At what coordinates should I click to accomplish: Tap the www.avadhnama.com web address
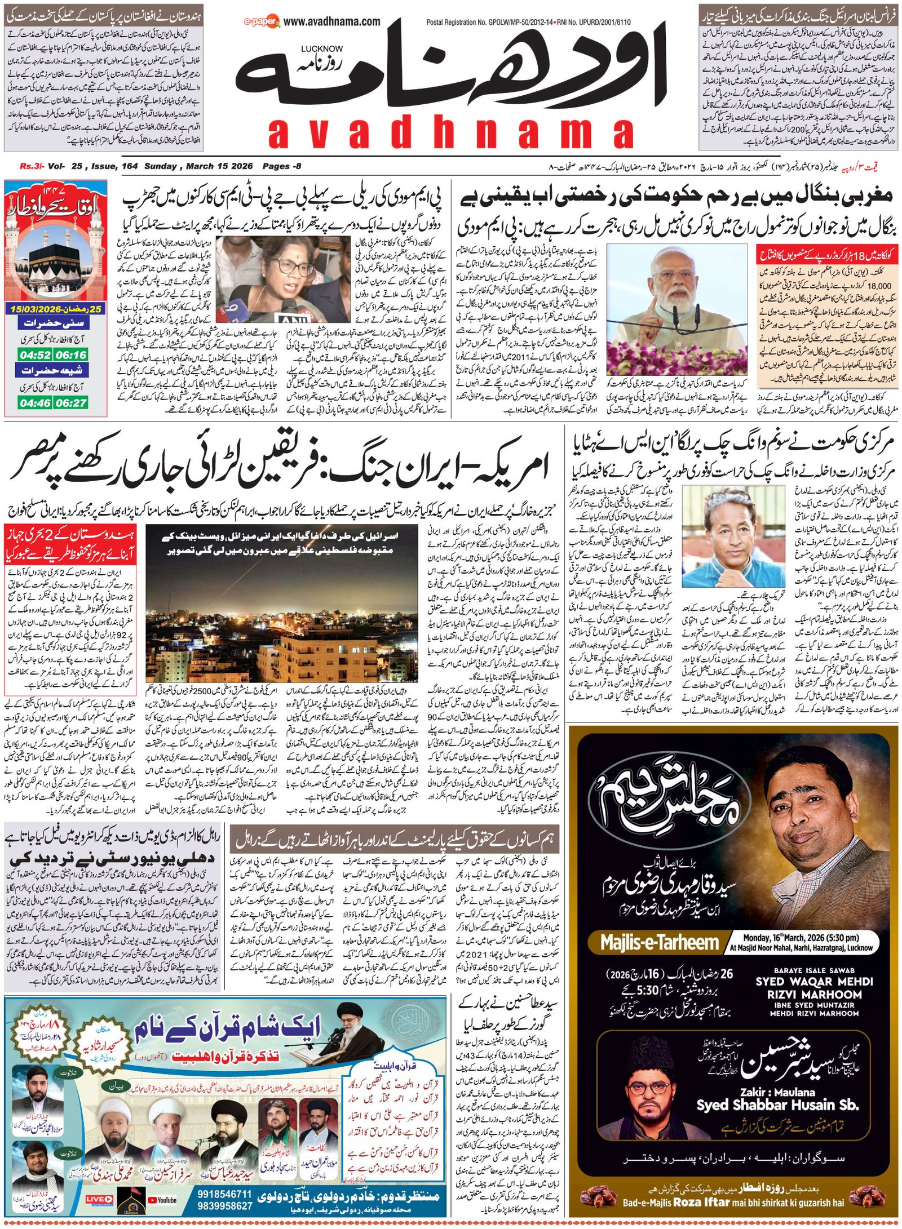(331, 21)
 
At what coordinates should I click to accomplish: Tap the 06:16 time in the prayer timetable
(71, 355)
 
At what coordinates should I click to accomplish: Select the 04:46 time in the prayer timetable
(35, 403)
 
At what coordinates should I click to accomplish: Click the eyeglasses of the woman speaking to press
(286, 265)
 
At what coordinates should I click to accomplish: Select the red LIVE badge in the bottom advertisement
(99, 1199)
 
